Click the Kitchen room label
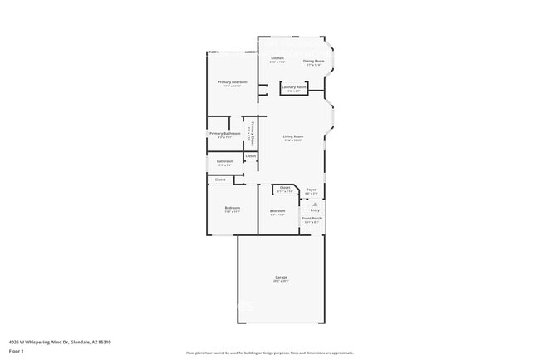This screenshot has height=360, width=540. tap(277, 58)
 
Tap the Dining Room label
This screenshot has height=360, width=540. tap(313, 61)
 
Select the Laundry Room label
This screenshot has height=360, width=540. tap(294, 86)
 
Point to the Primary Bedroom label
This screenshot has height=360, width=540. tap(232, 82)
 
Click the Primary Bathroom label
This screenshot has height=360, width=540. tap(224, 133)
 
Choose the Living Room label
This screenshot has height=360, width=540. tap(292, 136)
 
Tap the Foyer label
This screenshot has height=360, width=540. tap(311, 190)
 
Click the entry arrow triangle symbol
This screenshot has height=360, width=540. tap(315, 204)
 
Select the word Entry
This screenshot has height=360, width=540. tap(315, 210)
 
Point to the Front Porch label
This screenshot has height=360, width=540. tap(312, 219)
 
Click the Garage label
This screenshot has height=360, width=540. tap(281, 277)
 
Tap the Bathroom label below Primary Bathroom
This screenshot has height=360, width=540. tap(224, 161)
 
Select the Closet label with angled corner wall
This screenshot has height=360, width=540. tap(284, 188)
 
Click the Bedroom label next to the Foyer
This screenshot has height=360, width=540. tap(277, 211)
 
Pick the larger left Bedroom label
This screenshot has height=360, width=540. tap(232, 208)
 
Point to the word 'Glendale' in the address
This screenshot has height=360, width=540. tap(81, 342)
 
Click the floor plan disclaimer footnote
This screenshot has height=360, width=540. tap(269, 353)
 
